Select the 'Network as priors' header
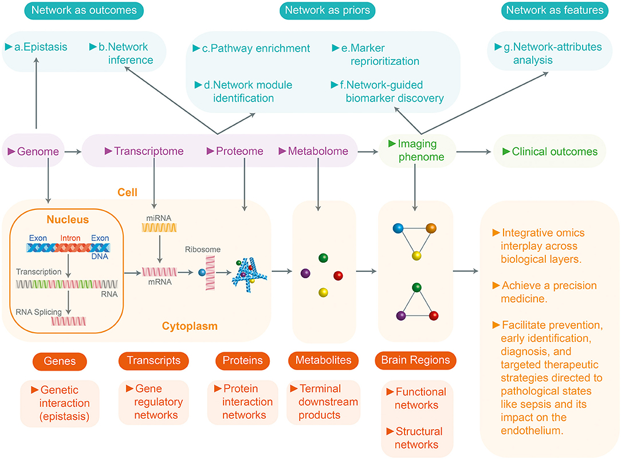tap(327, 10)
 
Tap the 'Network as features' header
tap(555, 10)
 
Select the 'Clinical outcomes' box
tap(550, 151)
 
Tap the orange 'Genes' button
tap(60, 361)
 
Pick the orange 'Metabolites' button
tap(323, 361)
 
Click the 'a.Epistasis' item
tap(36, 47)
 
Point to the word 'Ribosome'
tap(202, 250)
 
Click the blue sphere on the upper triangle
tap(398, 228)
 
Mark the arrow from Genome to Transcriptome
tap(72, 152)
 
